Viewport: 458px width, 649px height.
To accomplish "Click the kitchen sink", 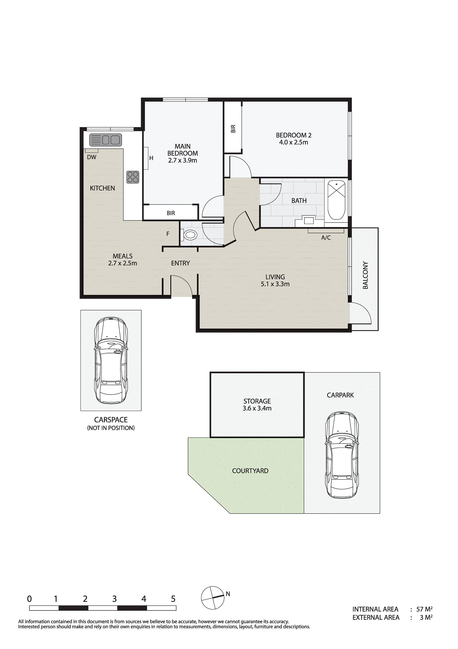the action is click(106, 140).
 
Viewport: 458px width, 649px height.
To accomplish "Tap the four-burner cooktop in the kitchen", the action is click(132, 177).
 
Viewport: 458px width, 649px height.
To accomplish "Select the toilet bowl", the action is click(189, 235).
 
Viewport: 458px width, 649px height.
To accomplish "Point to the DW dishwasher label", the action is click(92, 157).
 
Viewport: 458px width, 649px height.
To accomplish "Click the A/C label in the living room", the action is click(326, 238).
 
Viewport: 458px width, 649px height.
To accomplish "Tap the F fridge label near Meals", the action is click(168, 234).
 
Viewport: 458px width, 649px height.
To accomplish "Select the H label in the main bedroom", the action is click(151, 158).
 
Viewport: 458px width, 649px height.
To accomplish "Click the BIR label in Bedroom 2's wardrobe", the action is click(233, 129).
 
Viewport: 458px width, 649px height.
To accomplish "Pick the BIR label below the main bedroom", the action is click(171, 213).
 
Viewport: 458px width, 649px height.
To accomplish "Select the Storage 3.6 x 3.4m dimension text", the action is click(257, 408).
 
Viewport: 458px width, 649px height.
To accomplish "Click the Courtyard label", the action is click(250, 471).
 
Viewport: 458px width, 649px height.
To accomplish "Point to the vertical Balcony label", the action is click(365, 275).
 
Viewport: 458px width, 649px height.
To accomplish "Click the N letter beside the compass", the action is click(228, 594).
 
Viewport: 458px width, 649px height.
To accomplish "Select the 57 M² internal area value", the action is click(424, 609).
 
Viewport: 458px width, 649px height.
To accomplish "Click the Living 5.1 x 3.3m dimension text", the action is click(275, 284).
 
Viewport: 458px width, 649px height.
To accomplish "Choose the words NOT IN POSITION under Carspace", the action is click(111, 428).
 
